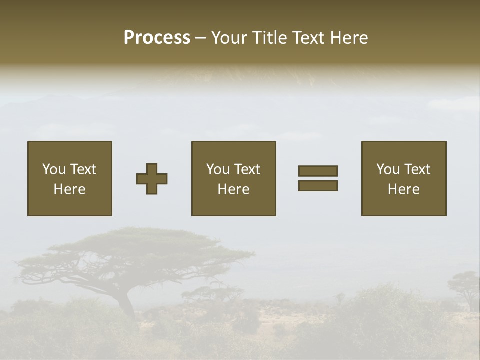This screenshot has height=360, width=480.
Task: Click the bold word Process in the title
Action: pos(157,38)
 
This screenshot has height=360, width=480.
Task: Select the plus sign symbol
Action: pos(152,178)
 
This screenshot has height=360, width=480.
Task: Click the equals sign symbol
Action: pos(318,178)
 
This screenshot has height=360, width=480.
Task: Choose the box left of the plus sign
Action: pos(70,178)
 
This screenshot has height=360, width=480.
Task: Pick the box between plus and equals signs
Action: pos(233,178)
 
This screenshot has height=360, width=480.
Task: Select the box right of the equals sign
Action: pos(404,178)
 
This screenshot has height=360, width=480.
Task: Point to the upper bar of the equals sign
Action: pos(318,171)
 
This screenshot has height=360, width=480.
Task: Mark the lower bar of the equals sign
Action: pos(318,186)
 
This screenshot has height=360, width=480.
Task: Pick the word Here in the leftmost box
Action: pos(70,189)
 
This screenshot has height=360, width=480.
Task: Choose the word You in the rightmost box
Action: pos(388,169)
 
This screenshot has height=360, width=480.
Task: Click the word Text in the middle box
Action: pos(247,169)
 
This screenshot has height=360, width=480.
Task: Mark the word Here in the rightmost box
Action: pos(404,189)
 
